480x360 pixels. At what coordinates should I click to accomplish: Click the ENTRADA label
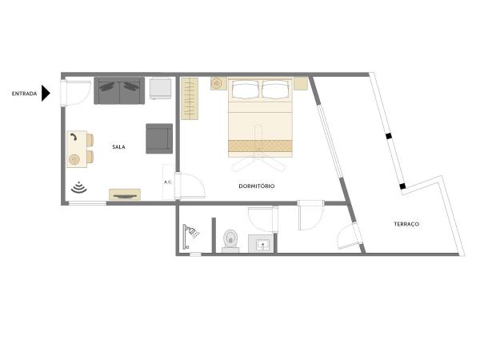(x=24, y=94)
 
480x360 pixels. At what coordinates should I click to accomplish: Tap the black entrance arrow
(x=46, y=94)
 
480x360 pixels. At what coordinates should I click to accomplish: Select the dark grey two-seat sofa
(x=119, y=90)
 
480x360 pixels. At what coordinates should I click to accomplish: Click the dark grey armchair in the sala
(x=158, y=138)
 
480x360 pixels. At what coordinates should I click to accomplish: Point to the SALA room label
(x=118, y=147)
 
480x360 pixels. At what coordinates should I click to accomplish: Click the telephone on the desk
(x=74, y=138)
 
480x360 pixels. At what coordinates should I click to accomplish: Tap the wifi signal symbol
(x=78, y=188)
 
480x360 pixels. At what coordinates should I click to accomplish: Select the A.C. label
(x=168, y=182)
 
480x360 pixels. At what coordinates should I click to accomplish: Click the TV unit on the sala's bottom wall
(x=125, y=194)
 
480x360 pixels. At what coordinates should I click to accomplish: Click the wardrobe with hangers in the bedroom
(x=189, y=98)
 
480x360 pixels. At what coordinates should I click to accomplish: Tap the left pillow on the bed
(x=245, y=89)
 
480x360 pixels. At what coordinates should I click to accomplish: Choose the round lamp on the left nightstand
(x=217, y=83)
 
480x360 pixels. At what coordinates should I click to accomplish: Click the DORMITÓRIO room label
(x=257, y=186)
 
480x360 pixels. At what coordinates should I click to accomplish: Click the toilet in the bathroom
(x=230, y=239)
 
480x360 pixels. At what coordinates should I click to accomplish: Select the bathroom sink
(x=262, y=244)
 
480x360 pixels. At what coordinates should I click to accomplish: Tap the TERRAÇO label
(x=406, y=224)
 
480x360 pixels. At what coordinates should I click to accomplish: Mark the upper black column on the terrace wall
(x=389, y=137)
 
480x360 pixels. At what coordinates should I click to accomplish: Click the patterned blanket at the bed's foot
(x=261, y=146)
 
